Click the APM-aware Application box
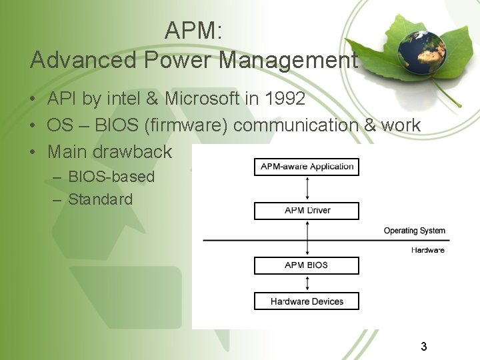coord(307,167)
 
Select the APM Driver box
coord(307,211)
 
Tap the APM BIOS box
coord(307,265)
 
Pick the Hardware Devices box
coord(307,301)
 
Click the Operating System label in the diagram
coord(414,231)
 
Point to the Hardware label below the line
coord(427,250)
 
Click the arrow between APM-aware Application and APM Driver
coord(307,189)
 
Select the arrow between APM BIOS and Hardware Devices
coord(307,283)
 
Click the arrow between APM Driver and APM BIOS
coord(307,238)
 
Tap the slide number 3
coord(423,347)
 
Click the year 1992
coord(285,99)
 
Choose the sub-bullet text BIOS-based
coord(111,177)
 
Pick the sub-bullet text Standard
coord(101,199)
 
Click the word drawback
coord(133,152)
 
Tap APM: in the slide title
coord(193,31)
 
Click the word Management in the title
coord(289,61)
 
